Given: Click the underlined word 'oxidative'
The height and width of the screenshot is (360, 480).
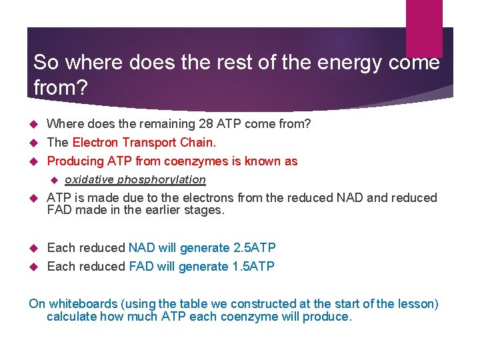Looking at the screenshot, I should point(88,179).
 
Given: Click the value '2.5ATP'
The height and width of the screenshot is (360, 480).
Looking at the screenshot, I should point(254,248).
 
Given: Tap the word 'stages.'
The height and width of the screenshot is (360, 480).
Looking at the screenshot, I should point(206,210).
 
